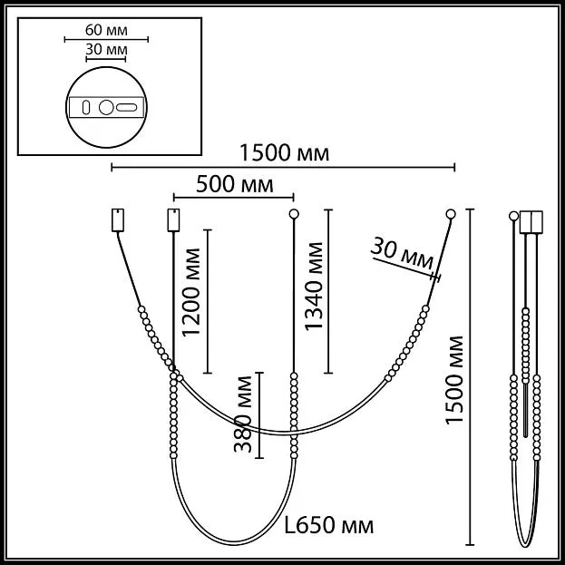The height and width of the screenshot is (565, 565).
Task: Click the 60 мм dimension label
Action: pos(106,30)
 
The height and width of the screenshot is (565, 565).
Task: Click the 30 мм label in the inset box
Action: pos(106,49)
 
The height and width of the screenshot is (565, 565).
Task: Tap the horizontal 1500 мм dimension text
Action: pos(284,152)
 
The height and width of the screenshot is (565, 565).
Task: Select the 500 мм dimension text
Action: pos(235,184)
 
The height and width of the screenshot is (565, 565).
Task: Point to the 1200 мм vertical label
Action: pos(191,292)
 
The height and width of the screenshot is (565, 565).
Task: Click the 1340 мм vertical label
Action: pos(314,287)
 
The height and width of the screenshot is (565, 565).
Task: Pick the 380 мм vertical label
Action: pos(243,414)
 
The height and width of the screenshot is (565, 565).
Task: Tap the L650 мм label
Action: pos(329,525)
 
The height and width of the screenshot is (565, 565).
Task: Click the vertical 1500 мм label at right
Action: pos(454,380)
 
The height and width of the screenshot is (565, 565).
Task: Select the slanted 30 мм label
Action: pos(402,253)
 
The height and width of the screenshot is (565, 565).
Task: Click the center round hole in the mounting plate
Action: pos(106,107)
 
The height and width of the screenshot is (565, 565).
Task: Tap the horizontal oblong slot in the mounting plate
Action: pos(126,107)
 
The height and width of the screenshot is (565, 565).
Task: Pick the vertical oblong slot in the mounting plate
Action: pos(86,107)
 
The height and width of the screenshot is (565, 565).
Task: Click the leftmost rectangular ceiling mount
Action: pos(118,219)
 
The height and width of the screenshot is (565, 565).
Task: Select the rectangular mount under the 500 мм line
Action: pos(174,219)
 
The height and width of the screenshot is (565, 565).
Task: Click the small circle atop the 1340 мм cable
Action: pos(294,214)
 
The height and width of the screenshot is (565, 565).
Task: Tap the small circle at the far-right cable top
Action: pos(451,214)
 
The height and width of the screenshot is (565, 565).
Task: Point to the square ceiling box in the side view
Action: pos(531,222)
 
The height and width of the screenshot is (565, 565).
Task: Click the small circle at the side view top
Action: pos(513,216)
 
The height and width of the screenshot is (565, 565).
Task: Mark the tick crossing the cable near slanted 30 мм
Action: pos(435,278)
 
